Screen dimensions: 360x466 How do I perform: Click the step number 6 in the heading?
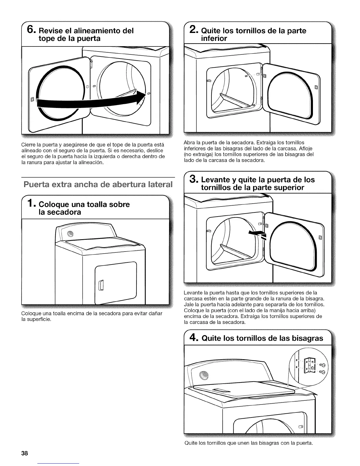(31, 31)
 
